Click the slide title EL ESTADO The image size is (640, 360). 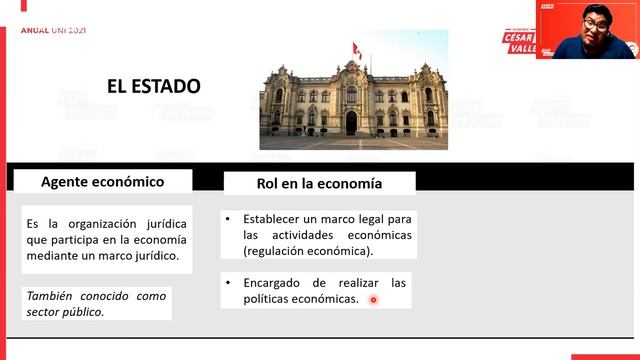pyautogui.click(x=154, y=87)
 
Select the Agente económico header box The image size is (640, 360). pyautogui.click(x=102, y=182)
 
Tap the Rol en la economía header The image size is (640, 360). pyautogui.click(x=319, y=184)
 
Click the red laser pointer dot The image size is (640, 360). pyautogui.click(x=373, y=299)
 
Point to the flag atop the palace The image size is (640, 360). pyautogui.click(x=355, y=48)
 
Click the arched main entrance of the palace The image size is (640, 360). pyautogui.click(x=351, y=122)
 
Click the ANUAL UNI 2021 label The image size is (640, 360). pyautogui.click(x=53, y=30)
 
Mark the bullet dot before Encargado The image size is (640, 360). pyautogui.click(x=229, y=283)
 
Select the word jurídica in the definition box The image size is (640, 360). pyautogui.click(x=162, y=224)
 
